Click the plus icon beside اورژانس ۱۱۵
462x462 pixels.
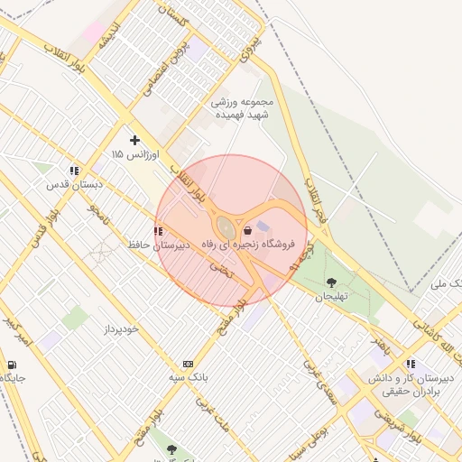pos(134,140)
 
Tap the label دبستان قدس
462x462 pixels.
pos(76,184)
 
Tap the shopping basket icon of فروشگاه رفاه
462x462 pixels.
pos(248,230)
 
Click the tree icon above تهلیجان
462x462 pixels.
pos(331,282)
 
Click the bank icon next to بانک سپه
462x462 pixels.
pos(188,363)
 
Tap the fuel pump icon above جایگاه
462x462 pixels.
pos(11,365)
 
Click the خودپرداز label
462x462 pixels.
pos(120,328)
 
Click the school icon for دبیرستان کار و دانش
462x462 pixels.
pos(411,365)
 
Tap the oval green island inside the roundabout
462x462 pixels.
pos(222,226)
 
